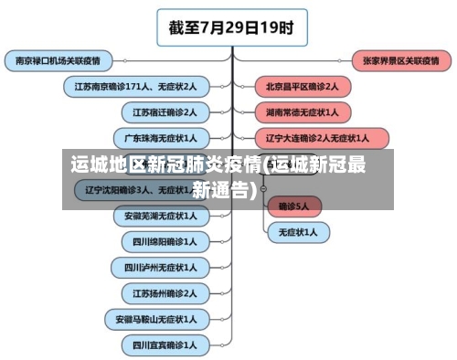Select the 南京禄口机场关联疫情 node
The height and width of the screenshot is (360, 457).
(x=58, y=60)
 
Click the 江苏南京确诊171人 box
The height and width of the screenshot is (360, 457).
(x=135, y=86)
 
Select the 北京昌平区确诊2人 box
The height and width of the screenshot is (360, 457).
(x=302, y=86)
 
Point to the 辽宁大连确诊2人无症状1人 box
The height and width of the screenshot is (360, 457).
(x=316, y=138)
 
